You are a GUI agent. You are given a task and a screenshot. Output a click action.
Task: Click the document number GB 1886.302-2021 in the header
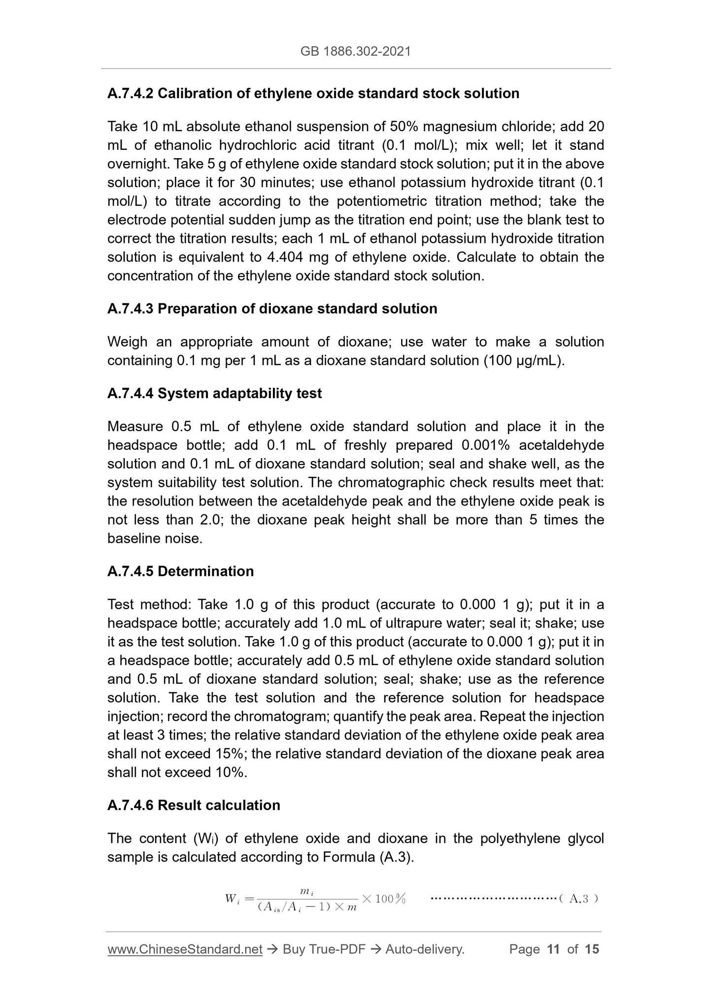coord(355,51)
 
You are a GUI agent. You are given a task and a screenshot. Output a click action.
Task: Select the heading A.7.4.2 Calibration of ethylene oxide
coord(313,93)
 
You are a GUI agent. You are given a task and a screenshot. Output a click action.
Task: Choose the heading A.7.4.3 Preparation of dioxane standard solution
coord(272,308)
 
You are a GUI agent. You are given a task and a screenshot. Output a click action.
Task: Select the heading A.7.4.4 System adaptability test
coord(214,393)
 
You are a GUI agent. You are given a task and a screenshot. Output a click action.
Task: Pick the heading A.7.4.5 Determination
coord(180,571)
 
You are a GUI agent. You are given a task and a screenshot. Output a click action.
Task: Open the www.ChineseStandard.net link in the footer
coord(185,949)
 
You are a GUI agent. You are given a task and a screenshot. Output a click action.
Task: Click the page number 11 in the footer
coord(553,949)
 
